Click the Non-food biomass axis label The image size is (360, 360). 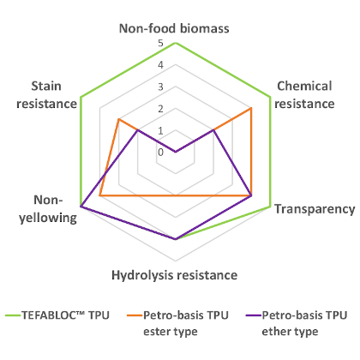coord(174,28)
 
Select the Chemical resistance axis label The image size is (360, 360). coord(304,95)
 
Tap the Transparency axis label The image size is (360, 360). coord(315,209)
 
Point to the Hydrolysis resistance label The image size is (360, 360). coord(175,275)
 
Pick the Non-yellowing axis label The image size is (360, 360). coord(48,209)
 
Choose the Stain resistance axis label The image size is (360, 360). coord(46,95)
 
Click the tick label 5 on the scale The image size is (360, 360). coord(160,43)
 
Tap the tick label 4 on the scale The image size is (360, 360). coord(160,65)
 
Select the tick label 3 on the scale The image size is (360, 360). coord(160,87)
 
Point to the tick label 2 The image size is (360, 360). coord(160,109)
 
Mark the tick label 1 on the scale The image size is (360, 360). coord(160,131)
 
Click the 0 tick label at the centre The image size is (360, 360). coord(160,153)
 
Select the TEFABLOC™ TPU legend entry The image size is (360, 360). coord(57,315)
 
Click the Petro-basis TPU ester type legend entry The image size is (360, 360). coord(177,323)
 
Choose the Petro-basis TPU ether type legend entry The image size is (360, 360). coord(297,323)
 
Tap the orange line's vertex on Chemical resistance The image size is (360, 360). coord(251,108)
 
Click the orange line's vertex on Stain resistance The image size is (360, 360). coord(118,119)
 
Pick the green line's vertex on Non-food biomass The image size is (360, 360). coord(176,43)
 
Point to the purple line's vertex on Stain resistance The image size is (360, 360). coord(138,130)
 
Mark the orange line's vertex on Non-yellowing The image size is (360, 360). coord(99,195)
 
